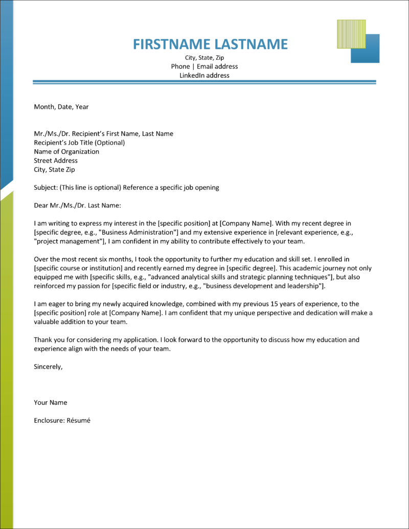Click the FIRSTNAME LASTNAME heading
210,44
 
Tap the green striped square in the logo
351,34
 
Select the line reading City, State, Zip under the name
204,58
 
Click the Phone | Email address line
204,66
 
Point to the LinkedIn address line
204,75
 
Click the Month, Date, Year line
61,107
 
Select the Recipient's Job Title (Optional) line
79,143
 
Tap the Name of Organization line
66,151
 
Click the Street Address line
56,160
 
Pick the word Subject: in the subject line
46,188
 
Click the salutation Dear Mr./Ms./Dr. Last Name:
77,205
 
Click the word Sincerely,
48,366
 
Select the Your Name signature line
50,402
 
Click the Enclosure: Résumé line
62,420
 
